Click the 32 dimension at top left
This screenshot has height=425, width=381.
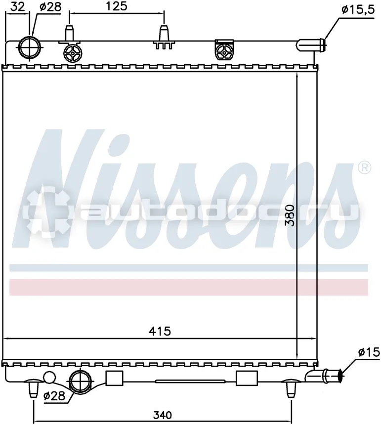[18, 6]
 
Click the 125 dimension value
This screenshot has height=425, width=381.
[116, 6]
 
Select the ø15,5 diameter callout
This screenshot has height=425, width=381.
[358, 10]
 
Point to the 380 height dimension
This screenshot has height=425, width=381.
[290, 215]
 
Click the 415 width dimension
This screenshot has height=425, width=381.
[160, 331]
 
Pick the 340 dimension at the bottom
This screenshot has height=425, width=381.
[163, 415]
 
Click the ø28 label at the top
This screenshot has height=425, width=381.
[50, 7]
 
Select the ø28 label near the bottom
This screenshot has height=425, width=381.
[54, 396]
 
